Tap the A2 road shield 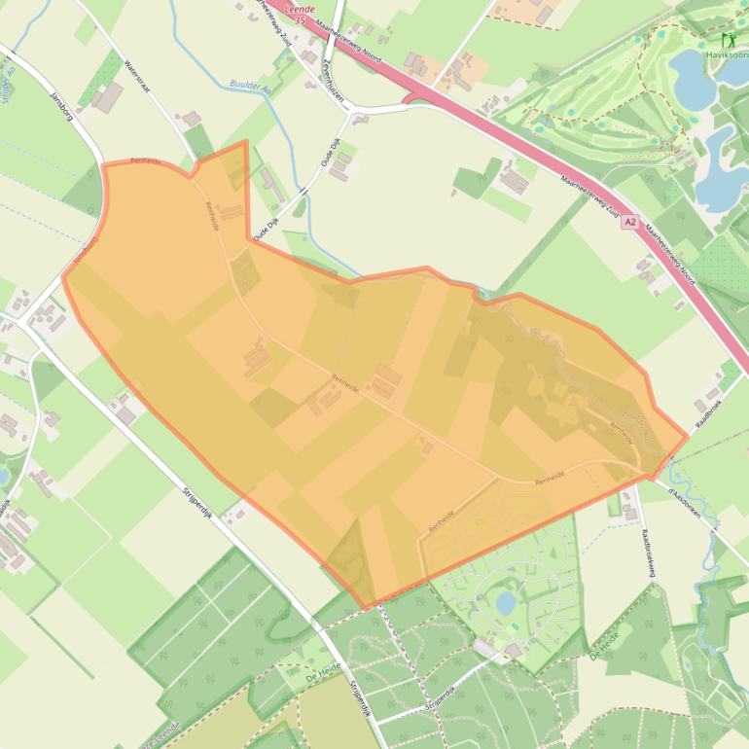pyautogui.click(x=631, y=222)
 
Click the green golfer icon pyautogui.click(x=728, y=40)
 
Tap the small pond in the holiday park pyautogui.click(x=506, y=604)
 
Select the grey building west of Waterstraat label pyautogui.click(x=108, y=96)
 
